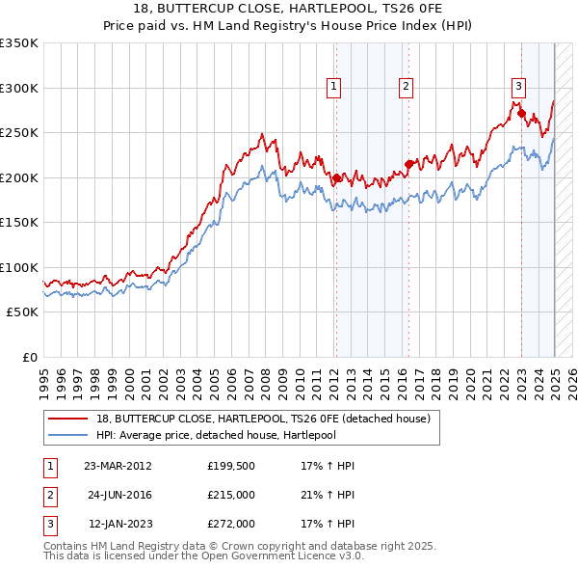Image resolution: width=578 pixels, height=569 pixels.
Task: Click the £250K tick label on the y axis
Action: (x=18, y=132)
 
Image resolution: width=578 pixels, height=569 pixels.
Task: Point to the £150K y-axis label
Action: (x=18, y=222)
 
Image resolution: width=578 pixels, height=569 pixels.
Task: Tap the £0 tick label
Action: (x=29, y=357)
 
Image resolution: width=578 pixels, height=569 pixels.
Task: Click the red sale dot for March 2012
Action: (x=337, y=178)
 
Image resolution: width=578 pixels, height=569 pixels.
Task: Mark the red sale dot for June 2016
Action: (x=408, y=164)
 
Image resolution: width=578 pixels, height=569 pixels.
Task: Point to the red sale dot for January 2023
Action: (x=521, y=114)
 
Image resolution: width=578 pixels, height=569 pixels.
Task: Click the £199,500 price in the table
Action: (x=231, y=466)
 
